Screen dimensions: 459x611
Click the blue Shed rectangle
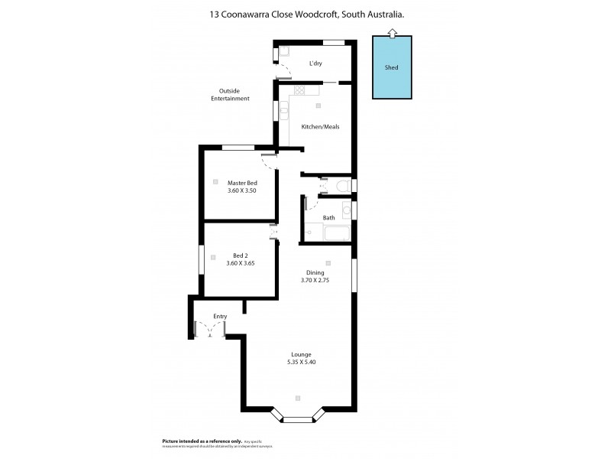391,67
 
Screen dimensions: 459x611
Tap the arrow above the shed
391,31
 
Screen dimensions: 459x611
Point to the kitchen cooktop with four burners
299,90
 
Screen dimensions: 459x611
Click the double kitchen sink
283,111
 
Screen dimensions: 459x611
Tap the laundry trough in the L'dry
283,52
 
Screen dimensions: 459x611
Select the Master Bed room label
242,182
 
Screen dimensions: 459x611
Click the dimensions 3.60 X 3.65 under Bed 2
241,263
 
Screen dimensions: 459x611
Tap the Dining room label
315,272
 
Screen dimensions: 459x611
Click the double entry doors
209,329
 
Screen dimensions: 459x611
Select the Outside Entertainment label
230,95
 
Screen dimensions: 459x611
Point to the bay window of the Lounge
298,418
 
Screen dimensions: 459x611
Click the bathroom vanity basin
347,210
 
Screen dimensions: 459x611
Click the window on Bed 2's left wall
201,259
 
